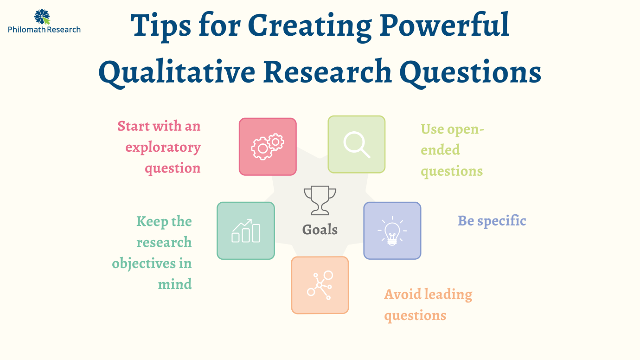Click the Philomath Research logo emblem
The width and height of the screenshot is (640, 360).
pos(42,16)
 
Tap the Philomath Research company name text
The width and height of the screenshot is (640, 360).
pos(44,30)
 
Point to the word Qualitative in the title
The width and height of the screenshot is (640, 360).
pos(176,72)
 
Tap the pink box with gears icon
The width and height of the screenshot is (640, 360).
pos(268,147)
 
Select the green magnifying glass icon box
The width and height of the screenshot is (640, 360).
pos(356,144)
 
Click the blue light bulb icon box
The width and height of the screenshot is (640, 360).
pos(392,231)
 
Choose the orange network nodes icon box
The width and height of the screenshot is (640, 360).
pos(320,285)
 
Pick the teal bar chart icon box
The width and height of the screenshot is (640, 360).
pos(246,231)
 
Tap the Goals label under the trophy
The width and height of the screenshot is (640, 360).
pos(320,229)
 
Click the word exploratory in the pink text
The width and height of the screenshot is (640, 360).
pos(163,148)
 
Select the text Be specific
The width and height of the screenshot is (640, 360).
pos(492,220)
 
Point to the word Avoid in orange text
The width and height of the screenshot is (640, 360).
pos(402,294)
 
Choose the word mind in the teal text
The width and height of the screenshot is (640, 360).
pos(175,284)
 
